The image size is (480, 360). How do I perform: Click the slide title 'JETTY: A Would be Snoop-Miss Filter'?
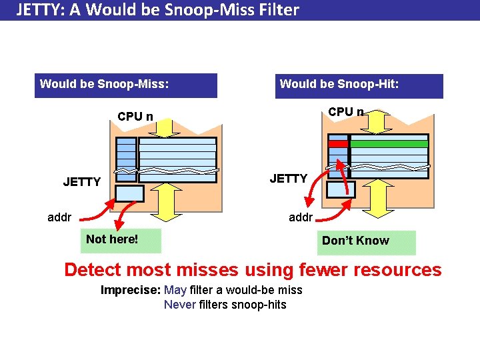click(x=157, y=10)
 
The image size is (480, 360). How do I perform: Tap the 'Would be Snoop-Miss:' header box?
click(x=125, y=85)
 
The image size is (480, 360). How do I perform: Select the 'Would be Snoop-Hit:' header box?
click(x=359, y=85)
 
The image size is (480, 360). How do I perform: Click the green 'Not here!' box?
click(x=121, y=240)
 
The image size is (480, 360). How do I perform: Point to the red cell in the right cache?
click(x=338, y=143)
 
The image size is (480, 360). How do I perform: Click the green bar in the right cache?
click(x=389, y=143)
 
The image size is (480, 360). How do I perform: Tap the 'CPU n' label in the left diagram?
click(x=135, y=117)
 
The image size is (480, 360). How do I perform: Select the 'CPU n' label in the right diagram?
click(x=346, y=112)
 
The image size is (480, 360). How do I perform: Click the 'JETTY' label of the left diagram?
click(x=82, y=181)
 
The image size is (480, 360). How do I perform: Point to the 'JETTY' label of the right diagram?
click(x=288, y=178)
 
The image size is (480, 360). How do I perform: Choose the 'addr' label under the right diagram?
click(x=300, y=217)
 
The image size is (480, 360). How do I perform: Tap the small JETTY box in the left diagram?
click(x=129, y=193)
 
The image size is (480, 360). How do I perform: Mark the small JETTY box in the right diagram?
click(x=340, y=190)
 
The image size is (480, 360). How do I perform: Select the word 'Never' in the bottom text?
click(x=180, y=305)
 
